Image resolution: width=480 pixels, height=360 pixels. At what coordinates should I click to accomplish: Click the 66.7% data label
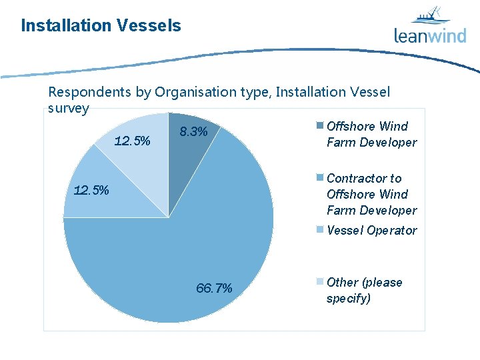coord(214,288)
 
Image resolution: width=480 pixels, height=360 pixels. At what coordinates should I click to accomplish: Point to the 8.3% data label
coord(194,132)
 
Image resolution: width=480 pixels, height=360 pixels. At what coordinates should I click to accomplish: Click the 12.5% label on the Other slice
coord(132,141)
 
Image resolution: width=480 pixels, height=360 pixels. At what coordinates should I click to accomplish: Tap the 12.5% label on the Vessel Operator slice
coord(91,190)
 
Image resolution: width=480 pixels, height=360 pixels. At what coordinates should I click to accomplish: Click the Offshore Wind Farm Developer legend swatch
coord(320,126)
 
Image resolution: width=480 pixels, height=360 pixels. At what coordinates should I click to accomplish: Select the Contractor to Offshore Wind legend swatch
coord(320,178)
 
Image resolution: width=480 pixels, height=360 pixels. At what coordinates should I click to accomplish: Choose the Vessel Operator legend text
coord(371,231)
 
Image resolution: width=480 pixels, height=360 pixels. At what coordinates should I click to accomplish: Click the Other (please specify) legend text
coord(364,290)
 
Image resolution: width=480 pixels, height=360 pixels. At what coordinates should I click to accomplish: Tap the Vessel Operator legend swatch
coord(320,230)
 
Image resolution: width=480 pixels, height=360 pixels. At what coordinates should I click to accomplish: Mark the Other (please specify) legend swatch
coord(320,282)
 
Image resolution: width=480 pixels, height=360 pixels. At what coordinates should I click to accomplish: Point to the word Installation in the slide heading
coord(66,26)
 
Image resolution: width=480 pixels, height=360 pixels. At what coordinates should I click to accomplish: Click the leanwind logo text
coord(429,35)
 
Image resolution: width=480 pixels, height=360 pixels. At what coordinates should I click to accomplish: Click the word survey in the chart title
coord(69,108)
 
